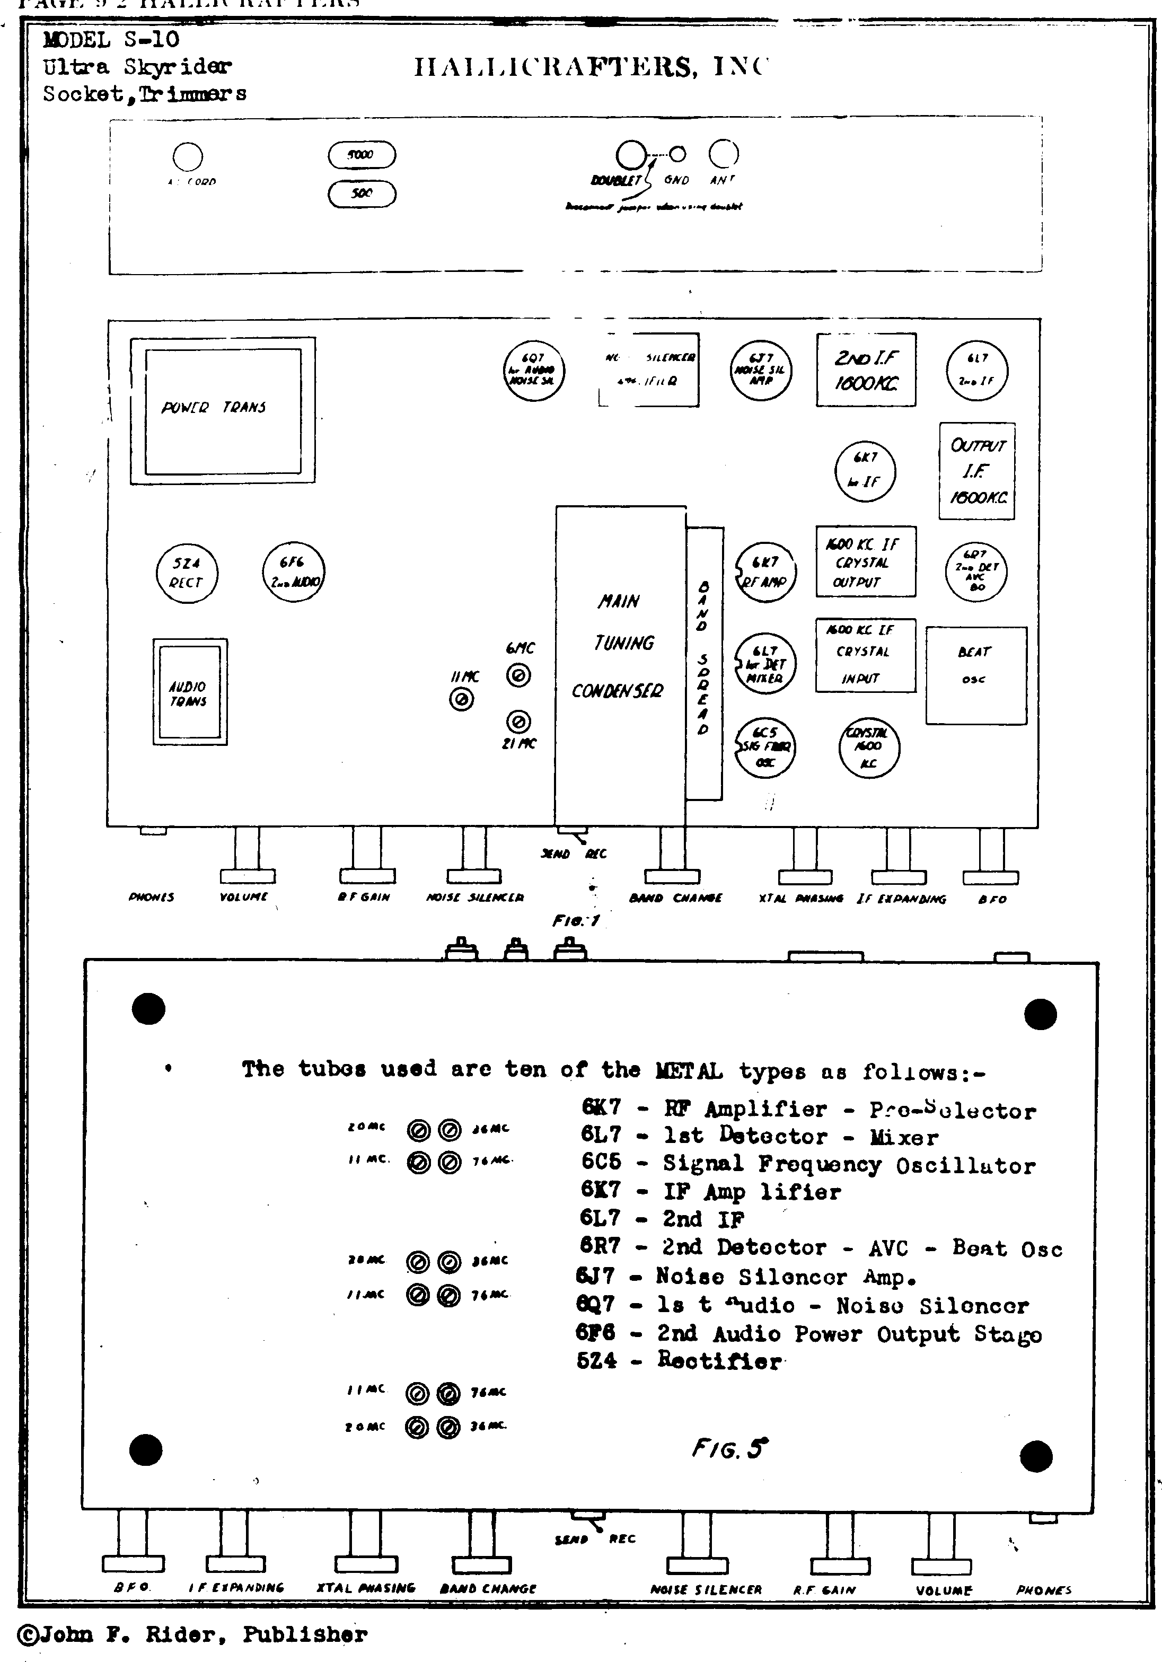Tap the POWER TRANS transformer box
click(223, 410)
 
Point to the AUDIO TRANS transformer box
click(190, 692)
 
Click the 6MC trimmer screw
click(518, 675)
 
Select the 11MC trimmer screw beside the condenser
click(462, 699)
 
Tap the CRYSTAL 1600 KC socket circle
click(869, 748)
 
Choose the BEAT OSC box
click(976, 675)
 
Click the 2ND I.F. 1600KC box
click(866, 370)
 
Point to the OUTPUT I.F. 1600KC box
click(976, 471)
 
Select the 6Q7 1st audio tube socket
click(534, 370)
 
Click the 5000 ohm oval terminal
click(362, 155)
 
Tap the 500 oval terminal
click(362, 194)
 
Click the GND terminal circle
click(677, 154)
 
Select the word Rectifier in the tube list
click(720, 1360)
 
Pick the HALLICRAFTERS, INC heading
click(590, 67)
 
